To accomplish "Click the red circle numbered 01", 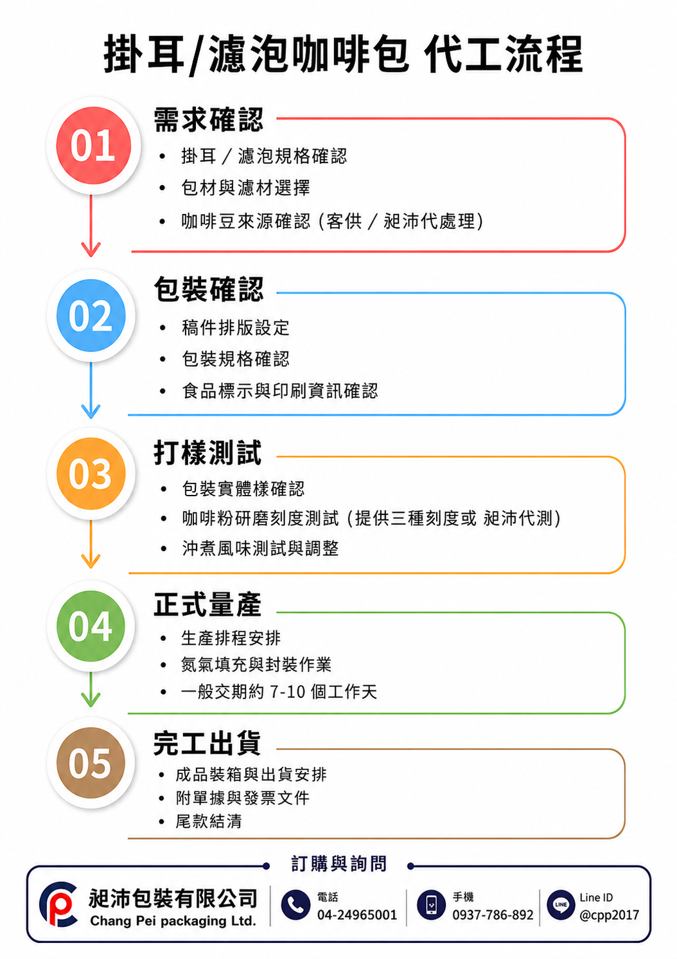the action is (x=94, y=145).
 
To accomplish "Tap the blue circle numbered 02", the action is (x=91, y=316).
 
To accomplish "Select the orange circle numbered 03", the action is (x=91, y=474).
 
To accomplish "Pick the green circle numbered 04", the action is (x=91, y=626).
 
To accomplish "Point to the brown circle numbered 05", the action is (x=91, y=763).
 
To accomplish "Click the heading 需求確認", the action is (x=208, y=120).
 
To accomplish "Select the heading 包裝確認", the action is (x=208, y=289).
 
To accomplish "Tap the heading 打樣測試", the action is (x=207, y=453).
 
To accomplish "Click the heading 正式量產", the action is (x=207, y=604).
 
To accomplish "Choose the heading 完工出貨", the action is (x=207, y=743).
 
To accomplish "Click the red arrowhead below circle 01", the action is (x=91, y=249).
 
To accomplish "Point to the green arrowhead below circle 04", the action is (x=91, y=699).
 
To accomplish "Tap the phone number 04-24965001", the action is (x=357, y=915).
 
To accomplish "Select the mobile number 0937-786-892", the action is (x=493, y=915).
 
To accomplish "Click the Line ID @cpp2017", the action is (x=609, y=915).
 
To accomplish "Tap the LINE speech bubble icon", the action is (x=561, y=904).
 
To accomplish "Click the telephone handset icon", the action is (x=295, y=904).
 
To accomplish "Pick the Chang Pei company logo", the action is (x=58, y=904).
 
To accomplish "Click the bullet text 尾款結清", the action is (x=208, y=821).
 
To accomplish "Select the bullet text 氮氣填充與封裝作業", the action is (x=256, y=665).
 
